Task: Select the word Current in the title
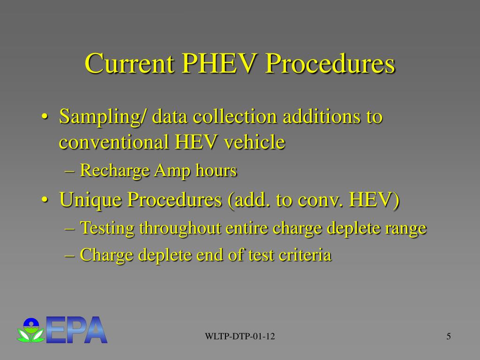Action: click(x=129, y=64)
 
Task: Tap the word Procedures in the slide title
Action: click(x=329, y=64)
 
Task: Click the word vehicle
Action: click(x=254, y=142)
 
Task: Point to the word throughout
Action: click(x=180, y=228)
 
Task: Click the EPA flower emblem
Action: click(x=31, y=330)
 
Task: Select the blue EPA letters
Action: click(x=77, y=330)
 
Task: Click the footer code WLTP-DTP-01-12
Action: click(x=240, y=337)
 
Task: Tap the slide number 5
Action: click(x=449, y=337)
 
